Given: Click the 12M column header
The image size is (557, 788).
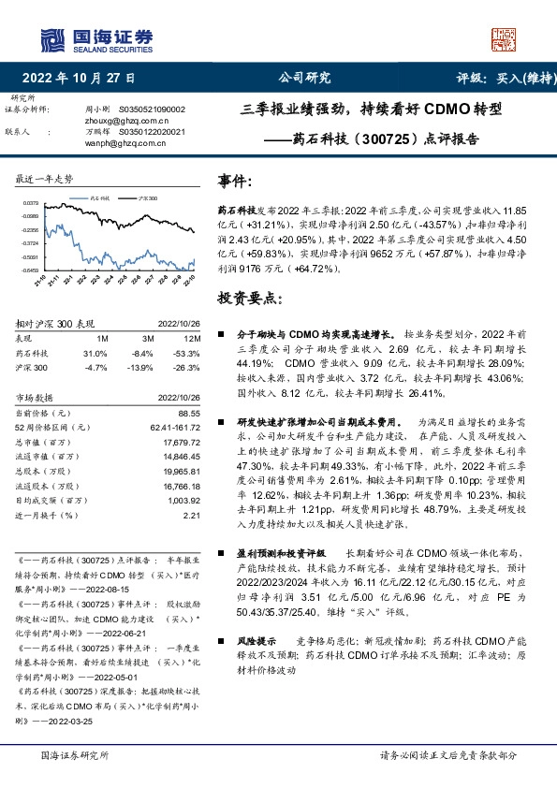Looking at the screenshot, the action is (193, 338).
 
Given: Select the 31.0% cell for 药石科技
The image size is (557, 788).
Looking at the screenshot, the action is (95, 353).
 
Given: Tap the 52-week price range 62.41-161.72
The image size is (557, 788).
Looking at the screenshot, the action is (174, 427).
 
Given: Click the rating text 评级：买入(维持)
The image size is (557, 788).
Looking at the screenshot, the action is (501, 78).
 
